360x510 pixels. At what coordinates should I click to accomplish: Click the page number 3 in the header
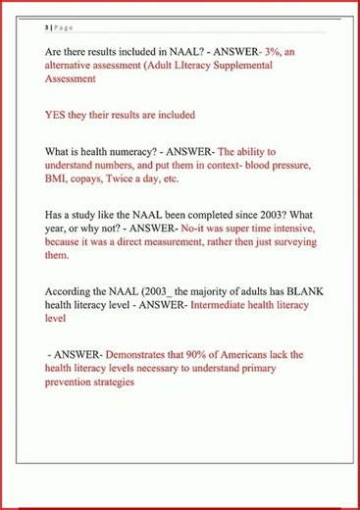click(46, 29)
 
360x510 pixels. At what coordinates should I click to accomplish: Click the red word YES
click(57, 115)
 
